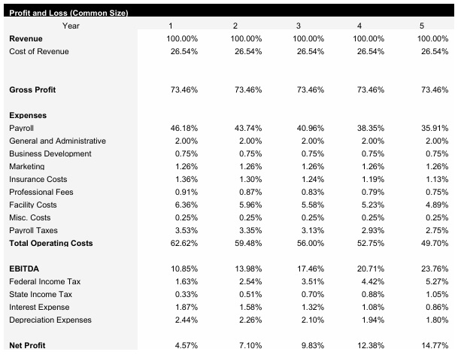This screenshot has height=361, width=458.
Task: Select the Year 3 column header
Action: [310, 26]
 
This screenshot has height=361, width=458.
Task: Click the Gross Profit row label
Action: [32, 89]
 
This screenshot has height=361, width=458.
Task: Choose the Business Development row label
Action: [50, 153]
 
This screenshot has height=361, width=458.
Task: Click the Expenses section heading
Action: [28, 115]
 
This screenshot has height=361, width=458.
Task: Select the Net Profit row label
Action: [27, 345]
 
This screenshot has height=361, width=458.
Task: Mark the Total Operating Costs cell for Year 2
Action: [247, 243]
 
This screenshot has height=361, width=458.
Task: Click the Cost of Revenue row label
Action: [38, 51]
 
